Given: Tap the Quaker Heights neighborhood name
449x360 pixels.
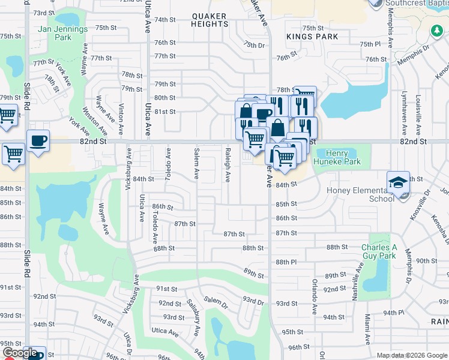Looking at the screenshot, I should [x=210, y=20].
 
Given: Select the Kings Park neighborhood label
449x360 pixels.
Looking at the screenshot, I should [x=312, y=37].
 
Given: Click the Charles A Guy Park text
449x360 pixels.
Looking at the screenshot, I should [x=379, y=251].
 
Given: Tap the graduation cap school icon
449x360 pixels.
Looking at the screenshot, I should [x=397, y=183].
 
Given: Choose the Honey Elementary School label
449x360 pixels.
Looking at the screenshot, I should [x=360, y=194].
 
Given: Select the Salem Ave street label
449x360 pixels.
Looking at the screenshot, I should [x=196, y=164].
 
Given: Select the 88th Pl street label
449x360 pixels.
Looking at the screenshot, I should [x=283, y=262].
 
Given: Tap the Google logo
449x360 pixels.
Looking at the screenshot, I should [x=21, y=353].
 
